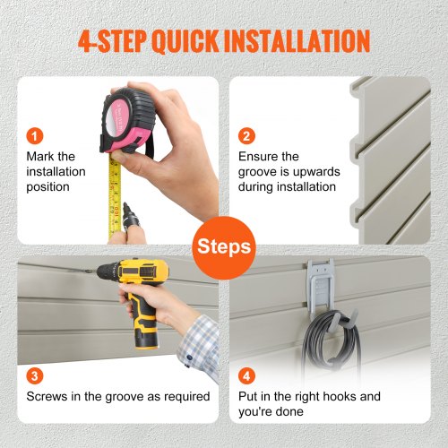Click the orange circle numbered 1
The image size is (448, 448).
click(35, 136)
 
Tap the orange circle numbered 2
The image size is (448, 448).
click(246, 136)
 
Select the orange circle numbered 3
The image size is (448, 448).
click(35, 375)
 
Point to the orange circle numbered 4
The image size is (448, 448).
click(246, 375)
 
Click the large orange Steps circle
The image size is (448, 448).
click(224, 248)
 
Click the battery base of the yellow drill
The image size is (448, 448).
click(146, 337)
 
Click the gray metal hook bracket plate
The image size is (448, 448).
click(321, 287)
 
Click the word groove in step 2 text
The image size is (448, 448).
click(257, 172)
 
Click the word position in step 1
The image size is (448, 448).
click(47, 187)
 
